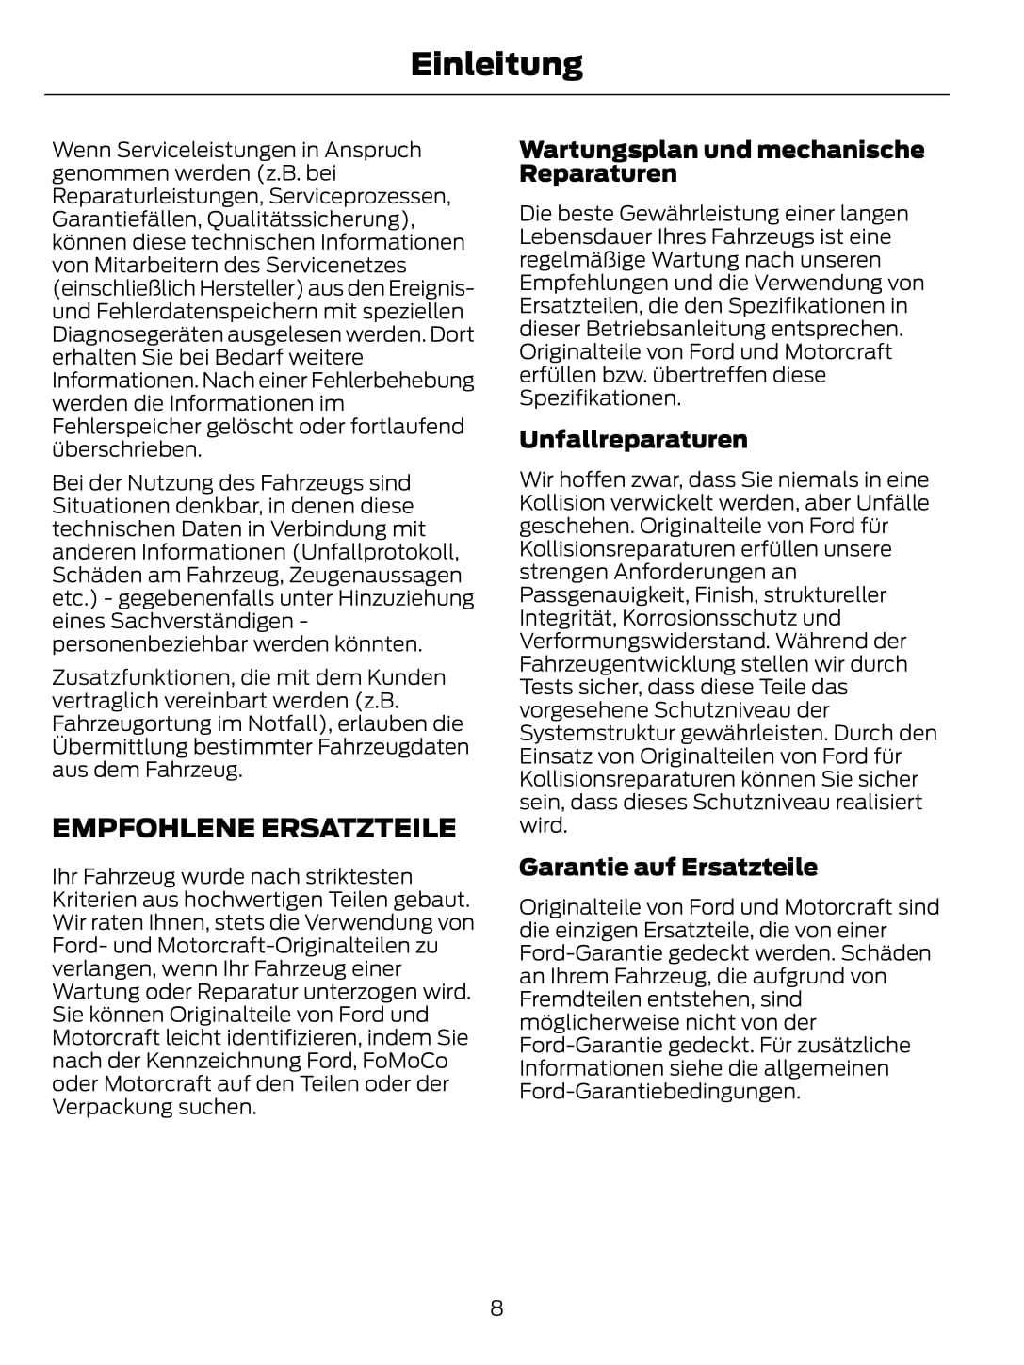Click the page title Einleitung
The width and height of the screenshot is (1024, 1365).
pyautogui.click(x=496, y=64)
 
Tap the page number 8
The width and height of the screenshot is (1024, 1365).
pyautogui.click(x=496, y=1308)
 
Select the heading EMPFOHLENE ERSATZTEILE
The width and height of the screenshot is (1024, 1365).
pyautogui.click(x=253, y=828)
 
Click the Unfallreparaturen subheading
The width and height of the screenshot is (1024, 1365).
pyautogui.click(x=633, y=439)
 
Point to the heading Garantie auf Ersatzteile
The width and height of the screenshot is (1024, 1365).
pyautogui.click(x=668, y=867)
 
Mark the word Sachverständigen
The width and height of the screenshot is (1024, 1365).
pyautogui.click(x=203, y=621)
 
